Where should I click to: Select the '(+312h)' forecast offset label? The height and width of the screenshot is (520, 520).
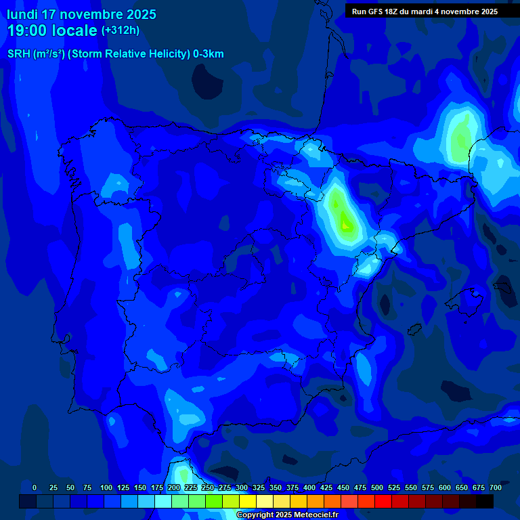120,30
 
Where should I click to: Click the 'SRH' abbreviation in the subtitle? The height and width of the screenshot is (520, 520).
19,54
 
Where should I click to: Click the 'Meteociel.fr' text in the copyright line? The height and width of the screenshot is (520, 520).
311,515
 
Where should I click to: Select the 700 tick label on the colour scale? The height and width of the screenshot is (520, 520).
495,487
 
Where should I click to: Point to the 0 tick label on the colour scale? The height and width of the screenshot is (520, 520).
35,487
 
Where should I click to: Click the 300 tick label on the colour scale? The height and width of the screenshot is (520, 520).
242,487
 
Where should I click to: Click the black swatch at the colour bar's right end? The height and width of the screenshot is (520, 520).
484,502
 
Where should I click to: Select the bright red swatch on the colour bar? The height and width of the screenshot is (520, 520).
383,502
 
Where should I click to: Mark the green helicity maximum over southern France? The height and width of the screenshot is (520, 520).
462,139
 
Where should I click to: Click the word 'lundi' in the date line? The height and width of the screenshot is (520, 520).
22,14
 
